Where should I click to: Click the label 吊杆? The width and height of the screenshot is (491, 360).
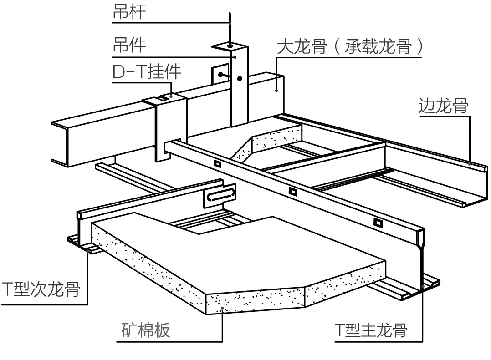click(129, 12)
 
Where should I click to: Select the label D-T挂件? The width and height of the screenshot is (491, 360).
click(147, 71)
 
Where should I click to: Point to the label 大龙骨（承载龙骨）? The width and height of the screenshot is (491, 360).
click(350, 46)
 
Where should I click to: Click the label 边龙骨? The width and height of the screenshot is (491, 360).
click(443, 106)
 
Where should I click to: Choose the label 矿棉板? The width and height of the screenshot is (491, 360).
click(146, 330)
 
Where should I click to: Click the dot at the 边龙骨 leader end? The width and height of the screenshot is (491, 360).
click(470, 162)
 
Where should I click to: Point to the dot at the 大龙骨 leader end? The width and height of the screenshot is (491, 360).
click(276, 90)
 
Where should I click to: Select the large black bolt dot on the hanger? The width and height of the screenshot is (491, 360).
click(239, 78)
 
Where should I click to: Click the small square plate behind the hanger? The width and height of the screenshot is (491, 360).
click(219, 74)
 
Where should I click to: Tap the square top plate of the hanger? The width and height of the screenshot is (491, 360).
click(230, 46)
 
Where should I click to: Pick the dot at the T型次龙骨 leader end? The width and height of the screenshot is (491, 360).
click(87, 249)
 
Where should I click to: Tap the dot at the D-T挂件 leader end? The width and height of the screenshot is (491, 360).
click(171, 96)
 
